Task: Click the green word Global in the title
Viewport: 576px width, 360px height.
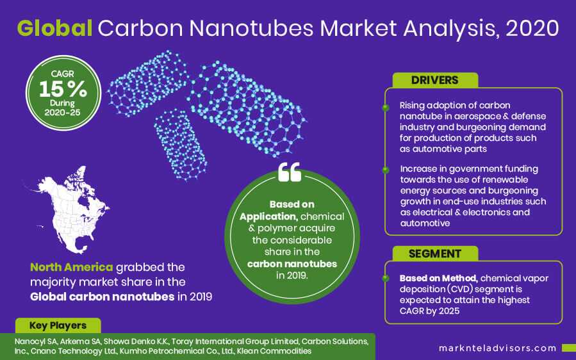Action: (x=54, y=28)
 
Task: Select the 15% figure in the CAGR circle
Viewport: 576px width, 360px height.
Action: (x=63, y=89)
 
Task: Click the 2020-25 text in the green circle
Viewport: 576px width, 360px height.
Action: (x=62, y=112)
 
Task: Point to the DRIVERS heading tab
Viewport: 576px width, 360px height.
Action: (x=435, y=80)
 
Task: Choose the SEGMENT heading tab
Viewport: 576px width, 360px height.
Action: (x=435, y=254)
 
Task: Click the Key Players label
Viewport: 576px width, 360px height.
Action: (x=58, y=325)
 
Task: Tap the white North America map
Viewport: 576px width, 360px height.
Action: (x=70, y=210)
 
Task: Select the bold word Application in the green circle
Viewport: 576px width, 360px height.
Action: (x=268, y=217)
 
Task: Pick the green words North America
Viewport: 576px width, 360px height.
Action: (x=71, y=267)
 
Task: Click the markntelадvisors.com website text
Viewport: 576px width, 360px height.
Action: (x=498, y=348)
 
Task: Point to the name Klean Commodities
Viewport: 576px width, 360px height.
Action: (x=274, y=351)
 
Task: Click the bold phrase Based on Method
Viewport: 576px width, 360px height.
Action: (x=438, y=278)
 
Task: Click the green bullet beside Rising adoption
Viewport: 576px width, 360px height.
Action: (x=386, y=108)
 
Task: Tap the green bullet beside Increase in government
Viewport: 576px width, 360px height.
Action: (x=386, y=170)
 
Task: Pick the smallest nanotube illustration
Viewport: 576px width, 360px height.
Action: (x=181, y=145)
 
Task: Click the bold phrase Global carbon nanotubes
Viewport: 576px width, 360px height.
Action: (x=102, y=297)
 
